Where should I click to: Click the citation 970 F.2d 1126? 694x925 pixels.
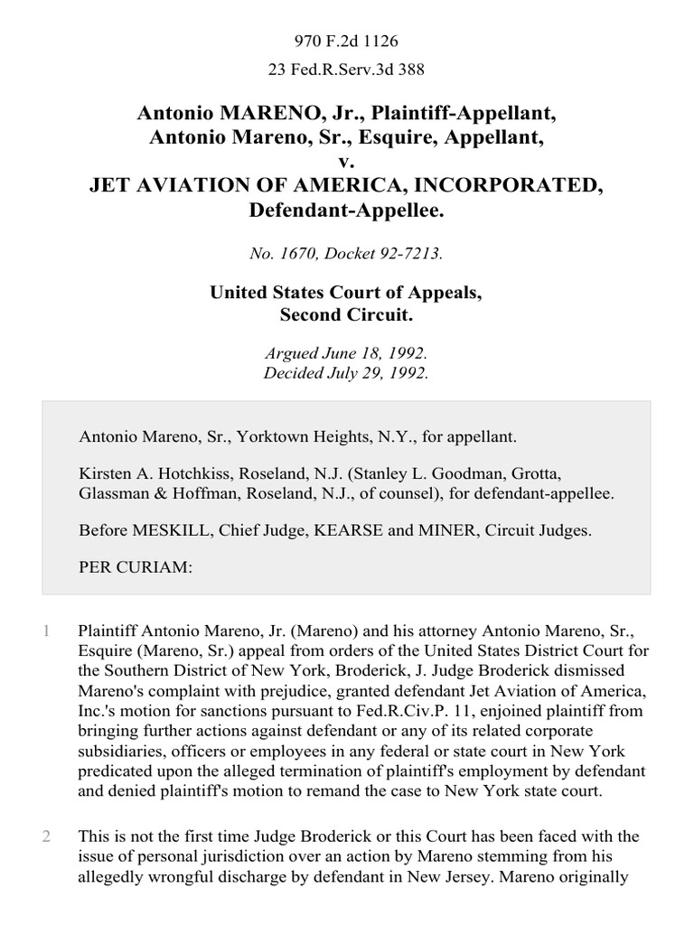[346, 41]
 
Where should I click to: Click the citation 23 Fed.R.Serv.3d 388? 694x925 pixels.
[346, 68]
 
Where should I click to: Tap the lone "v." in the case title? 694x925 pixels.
[346, 162]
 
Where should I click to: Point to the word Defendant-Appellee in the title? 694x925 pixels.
[346, 210]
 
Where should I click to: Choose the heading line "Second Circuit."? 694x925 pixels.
[346, 316]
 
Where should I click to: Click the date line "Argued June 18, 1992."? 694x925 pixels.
[346, 356]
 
